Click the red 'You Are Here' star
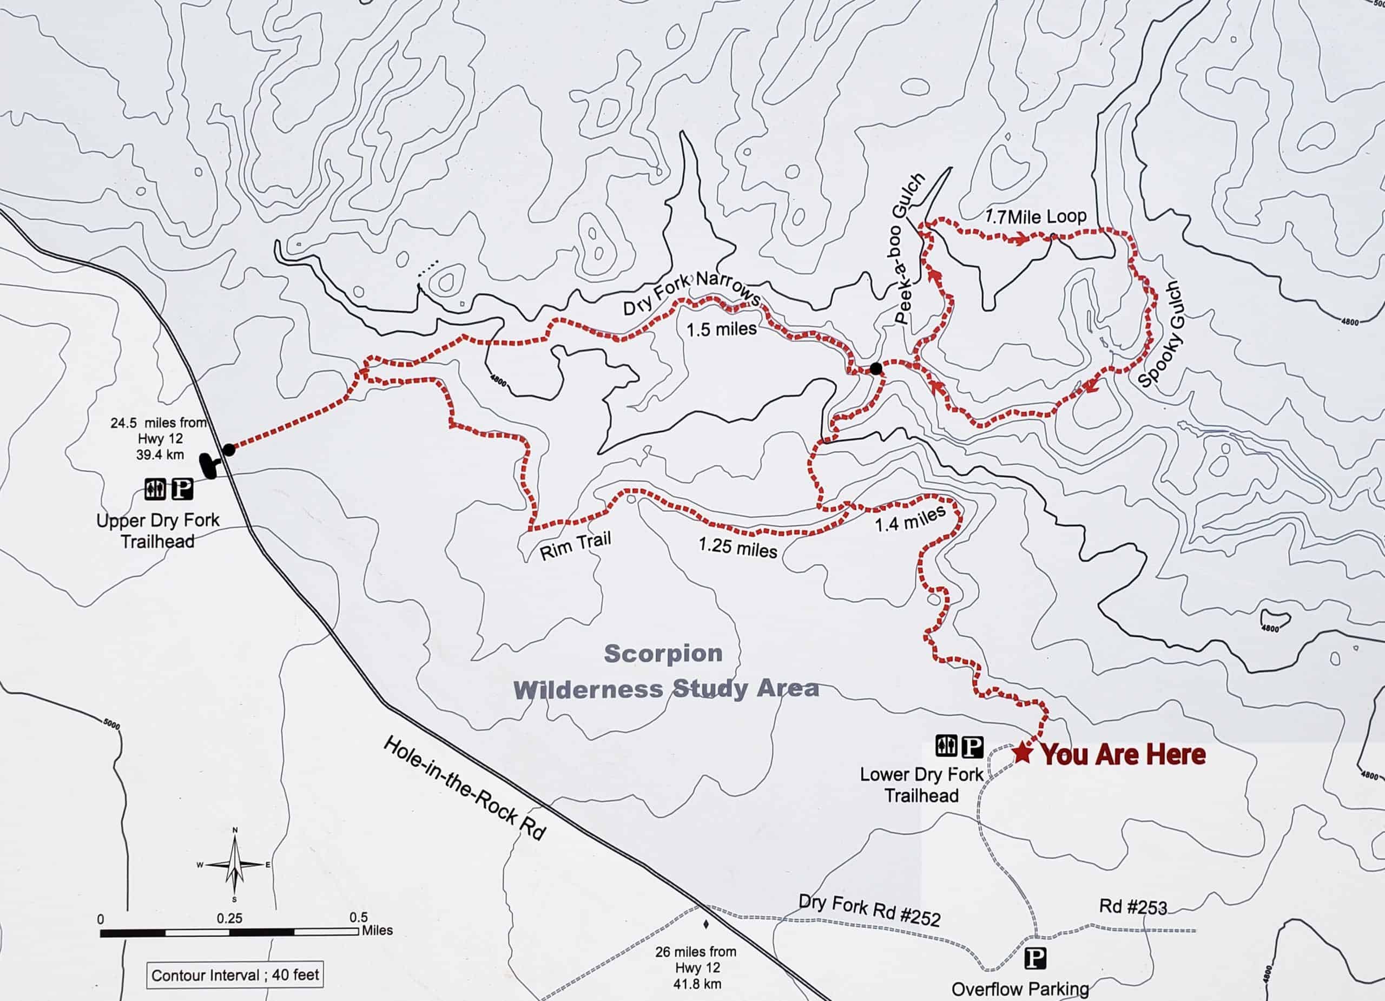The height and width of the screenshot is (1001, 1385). point(1023,753)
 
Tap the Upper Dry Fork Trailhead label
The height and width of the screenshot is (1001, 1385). point(157,531)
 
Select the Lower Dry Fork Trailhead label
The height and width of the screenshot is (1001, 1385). point(921,785)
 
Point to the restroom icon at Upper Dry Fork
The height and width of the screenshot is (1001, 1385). point(155,489)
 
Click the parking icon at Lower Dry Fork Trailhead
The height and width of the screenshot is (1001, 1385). point(972,746)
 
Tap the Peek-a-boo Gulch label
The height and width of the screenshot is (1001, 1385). point(909,248)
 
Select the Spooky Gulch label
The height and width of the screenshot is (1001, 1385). point(1162,335)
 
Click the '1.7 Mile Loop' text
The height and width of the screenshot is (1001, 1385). point(1035,217)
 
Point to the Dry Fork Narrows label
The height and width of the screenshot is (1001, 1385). point(691,294)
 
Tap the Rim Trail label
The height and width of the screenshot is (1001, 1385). point(575,545)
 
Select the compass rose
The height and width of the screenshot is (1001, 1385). point(235,865)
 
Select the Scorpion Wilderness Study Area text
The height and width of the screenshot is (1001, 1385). point(665,672)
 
